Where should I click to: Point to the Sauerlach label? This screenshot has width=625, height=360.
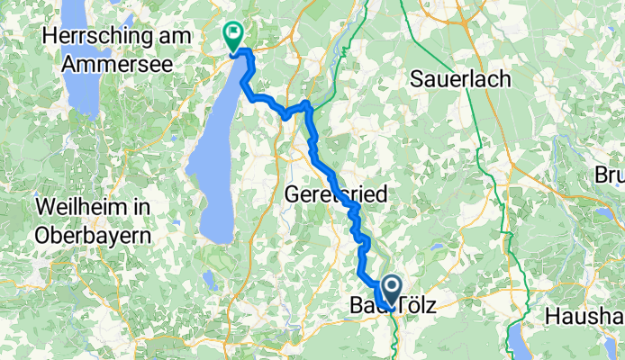[460, 79]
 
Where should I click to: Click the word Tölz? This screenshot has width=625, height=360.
[419, 307]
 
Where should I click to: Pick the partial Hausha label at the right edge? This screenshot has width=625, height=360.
[584, 317]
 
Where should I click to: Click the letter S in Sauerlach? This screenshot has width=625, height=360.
[416, 79]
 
